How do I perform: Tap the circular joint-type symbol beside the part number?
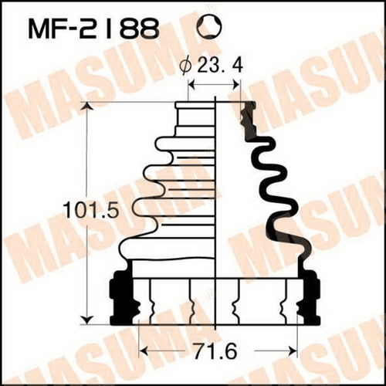coord(209,28)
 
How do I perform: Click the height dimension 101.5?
coord(92,210)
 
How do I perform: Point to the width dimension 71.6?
coord(215,351)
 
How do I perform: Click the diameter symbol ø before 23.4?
coord(186,67)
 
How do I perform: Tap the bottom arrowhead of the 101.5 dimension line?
coord(87,320)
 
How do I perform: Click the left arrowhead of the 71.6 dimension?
coord(144,351)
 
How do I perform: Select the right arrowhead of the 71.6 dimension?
coord(293,351)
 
